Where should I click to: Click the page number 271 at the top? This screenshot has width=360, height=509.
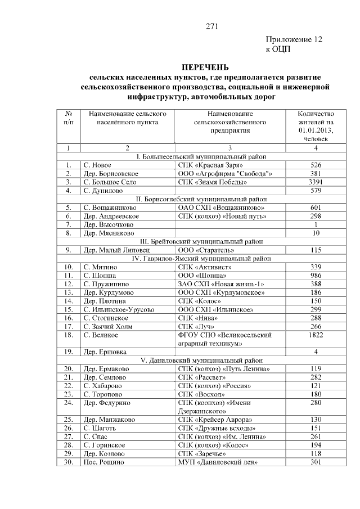[x=211, y=26]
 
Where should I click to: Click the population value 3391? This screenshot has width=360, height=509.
[x=316, y=182]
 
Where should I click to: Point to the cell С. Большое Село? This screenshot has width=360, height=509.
[x=110, y=182]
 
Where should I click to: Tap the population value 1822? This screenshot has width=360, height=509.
[x=316, y=335]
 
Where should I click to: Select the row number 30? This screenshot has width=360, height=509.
[x=68, y=462]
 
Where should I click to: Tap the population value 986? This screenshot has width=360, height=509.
[x=316, y=276]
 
